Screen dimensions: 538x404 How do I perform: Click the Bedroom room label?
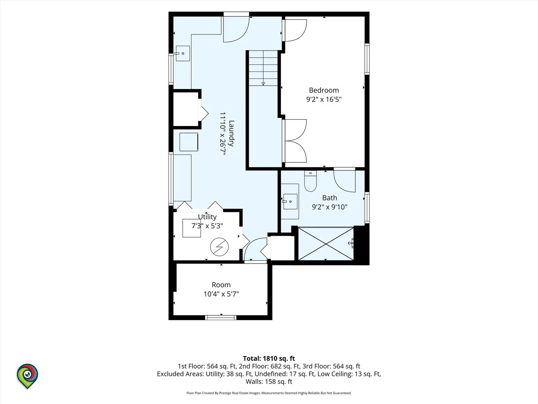coord(324,90)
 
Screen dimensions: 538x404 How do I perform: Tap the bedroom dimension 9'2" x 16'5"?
coord(324,100)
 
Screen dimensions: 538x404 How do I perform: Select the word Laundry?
coord(231,134)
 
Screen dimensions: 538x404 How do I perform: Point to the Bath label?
coord(330,198)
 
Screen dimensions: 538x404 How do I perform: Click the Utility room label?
coord(207,217)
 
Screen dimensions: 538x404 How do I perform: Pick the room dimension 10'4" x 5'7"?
coord(221,294)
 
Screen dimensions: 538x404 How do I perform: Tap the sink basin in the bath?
coord(290,201)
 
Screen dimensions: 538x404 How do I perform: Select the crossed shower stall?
coord(326,244)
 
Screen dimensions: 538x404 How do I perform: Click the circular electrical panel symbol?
coord(219,247)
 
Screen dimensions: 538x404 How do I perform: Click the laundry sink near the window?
coord(183,53)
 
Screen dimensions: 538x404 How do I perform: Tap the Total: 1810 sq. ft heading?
coord(269,358)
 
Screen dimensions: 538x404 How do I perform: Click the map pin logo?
coord(27,376)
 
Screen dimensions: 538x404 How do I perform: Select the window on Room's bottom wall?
coord(221,318)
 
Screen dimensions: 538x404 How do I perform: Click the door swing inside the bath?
coord(344,181)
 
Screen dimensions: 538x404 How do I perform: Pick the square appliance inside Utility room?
coord(192,228)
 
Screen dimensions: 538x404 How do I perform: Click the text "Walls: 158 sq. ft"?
coord(269,382)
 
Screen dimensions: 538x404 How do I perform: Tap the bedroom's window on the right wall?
coord(367,59)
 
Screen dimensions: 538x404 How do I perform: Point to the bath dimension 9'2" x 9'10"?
coord(330,207)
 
